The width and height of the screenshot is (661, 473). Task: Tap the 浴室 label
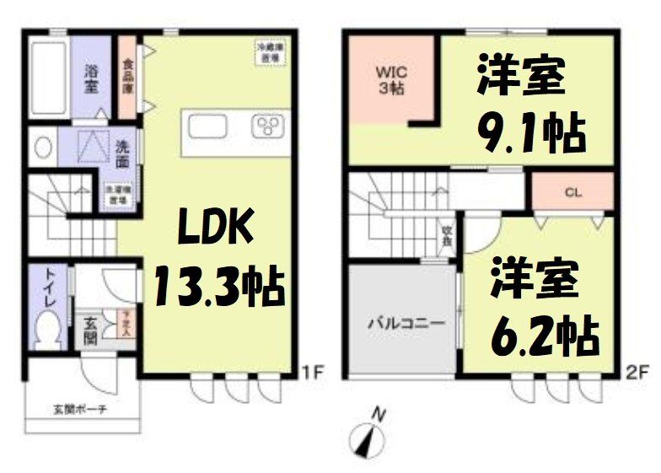[x=92, y=78]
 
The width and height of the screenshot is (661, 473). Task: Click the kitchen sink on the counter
[x=207, y=126]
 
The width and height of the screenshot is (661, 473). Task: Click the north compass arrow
[x=368, y=438]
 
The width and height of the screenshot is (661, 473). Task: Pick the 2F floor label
[x=636, y=368]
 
